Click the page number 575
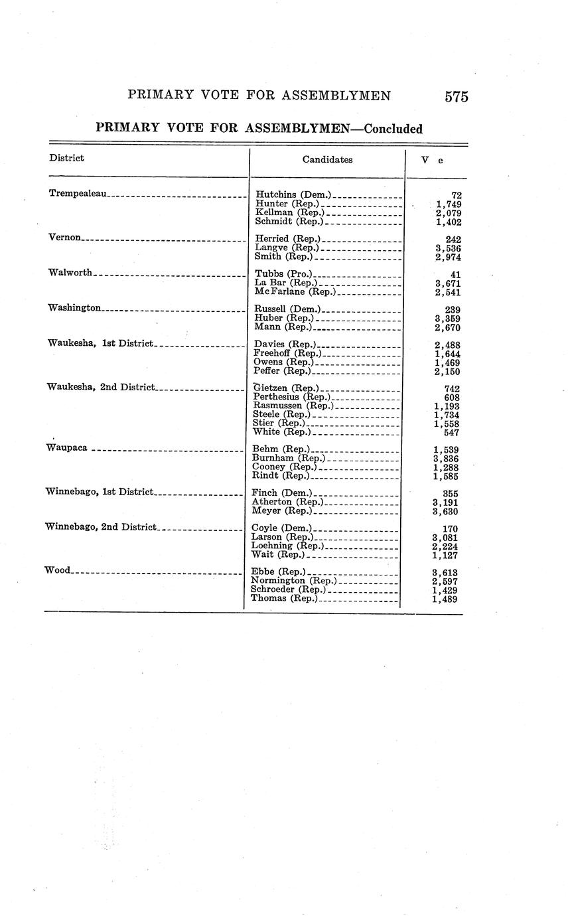457,97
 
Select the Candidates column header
327,159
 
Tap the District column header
66,158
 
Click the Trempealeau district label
78,193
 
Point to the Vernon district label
64,237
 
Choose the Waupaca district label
66,447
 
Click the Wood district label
56,570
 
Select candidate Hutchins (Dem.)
293,194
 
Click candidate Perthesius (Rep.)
291,397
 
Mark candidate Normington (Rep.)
291,581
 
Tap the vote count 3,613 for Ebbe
445,573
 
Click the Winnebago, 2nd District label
100,527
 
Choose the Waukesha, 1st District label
100,343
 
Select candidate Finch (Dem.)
282,493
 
